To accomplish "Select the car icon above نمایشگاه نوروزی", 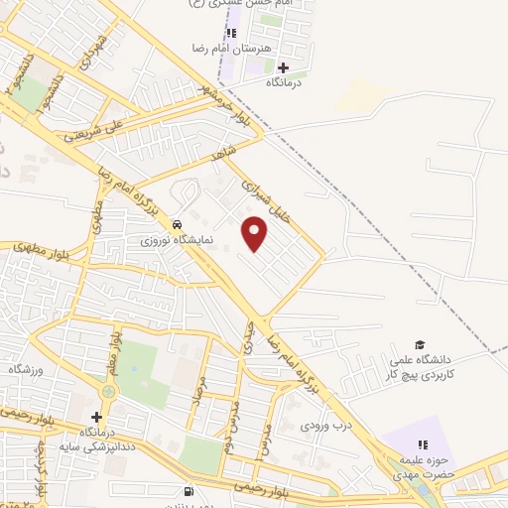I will click(x=176, y=223).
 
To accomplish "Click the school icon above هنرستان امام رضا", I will click(x=231, y=33).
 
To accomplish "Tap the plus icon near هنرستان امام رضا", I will click(x=284, y=68).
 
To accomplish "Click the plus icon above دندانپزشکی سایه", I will click(x=96, y=417).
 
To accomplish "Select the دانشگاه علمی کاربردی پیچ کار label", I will click(x=420, y=368).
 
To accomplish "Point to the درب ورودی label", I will click(x=326, y=428).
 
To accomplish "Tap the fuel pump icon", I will click(x=189, y=490).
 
